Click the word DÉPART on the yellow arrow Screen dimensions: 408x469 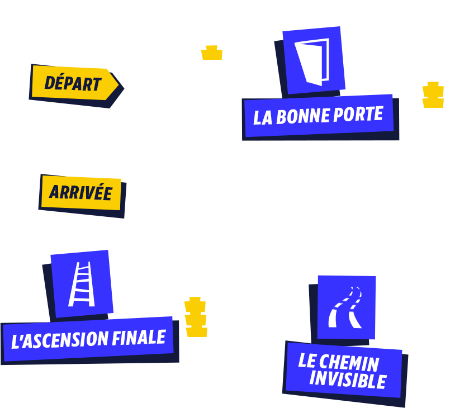[x=73, y=84]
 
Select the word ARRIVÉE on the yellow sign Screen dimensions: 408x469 [x=80, y=193]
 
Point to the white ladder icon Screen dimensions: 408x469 [x=82, y=284]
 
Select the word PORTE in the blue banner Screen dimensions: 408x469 [x=358, y=114]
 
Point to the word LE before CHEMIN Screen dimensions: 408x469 [x=307, y=360]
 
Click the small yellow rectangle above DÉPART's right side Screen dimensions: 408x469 [x=211, y=52]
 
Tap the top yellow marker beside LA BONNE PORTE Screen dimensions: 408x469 [x=433, y=89]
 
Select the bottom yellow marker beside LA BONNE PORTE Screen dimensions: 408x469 [x=433, y=102]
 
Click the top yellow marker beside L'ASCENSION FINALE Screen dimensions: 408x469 [x=195, y=305]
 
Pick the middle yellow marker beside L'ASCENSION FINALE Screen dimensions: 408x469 [x=196, y=319]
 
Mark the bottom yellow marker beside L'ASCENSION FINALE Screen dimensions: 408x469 [x=196, y=331]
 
